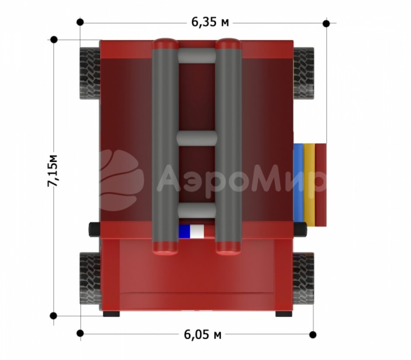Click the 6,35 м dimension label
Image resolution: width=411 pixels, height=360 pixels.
coord(210,22)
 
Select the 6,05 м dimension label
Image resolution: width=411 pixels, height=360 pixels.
coord(202,335)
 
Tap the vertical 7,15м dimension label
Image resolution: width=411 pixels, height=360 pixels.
coord(52,171)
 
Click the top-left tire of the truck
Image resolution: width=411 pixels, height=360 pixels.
coord(90,73)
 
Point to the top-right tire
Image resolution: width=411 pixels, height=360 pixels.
coord(303,73)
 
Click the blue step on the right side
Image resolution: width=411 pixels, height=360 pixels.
coord(298,183)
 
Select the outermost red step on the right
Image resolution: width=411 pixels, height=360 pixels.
coord(321,185)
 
